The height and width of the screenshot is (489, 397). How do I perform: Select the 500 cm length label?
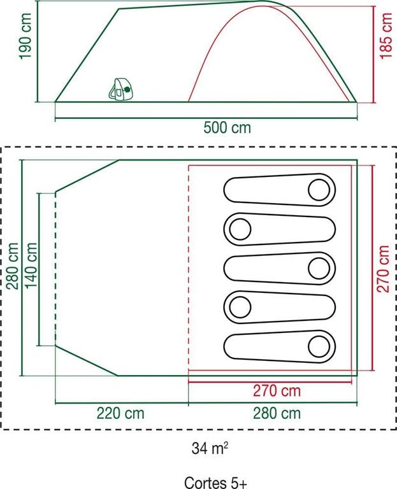point(227,128)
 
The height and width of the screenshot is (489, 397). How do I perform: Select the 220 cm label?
point(120,413)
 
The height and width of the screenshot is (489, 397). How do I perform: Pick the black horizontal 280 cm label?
point(277,413)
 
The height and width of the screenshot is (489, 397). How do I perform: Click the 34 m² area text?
point(210,448)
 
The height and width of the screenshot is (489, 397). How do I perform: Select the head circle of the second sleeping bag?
point(240,229)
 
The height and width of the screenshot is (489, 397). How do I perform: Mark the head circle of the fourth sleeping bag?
point(240,308)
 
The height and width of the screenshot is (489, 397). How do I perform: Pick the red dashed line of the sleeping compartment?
point(189,267)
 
